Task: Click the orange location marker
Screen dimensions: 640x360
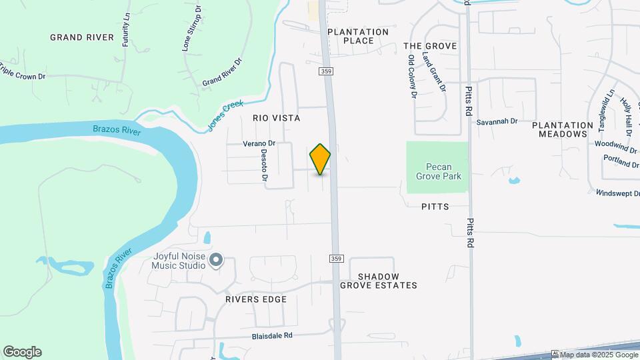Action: point(320,159)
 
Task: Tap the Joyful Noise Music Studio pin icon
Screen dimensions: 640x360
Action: point(215,259)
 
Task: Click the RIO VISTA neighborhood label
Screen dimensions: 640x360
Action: point(276,118)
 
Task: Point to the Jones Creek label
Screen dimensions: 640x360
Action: point(225,112)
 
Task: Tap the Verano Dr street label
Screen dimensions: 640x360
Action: point(259,144)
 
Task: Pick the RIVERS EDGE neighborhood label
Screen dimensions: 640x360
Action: point(255,299)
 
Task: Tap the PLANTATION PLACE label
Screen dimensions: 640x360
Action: point(357,36)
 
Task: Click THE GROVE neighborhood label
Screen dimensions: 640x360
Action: point(430,46)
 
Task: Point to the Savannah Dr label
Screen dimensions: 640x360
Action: point(497,121)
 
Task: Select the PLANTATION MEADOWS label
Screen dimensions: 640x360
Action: point(563,129)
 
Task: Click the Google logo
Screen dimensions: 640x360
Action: point(22,352)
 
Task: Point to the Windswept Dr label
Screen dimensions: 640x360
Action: point(617,193)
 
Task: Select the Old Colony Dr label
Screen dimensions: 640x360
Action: point(412,77)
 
